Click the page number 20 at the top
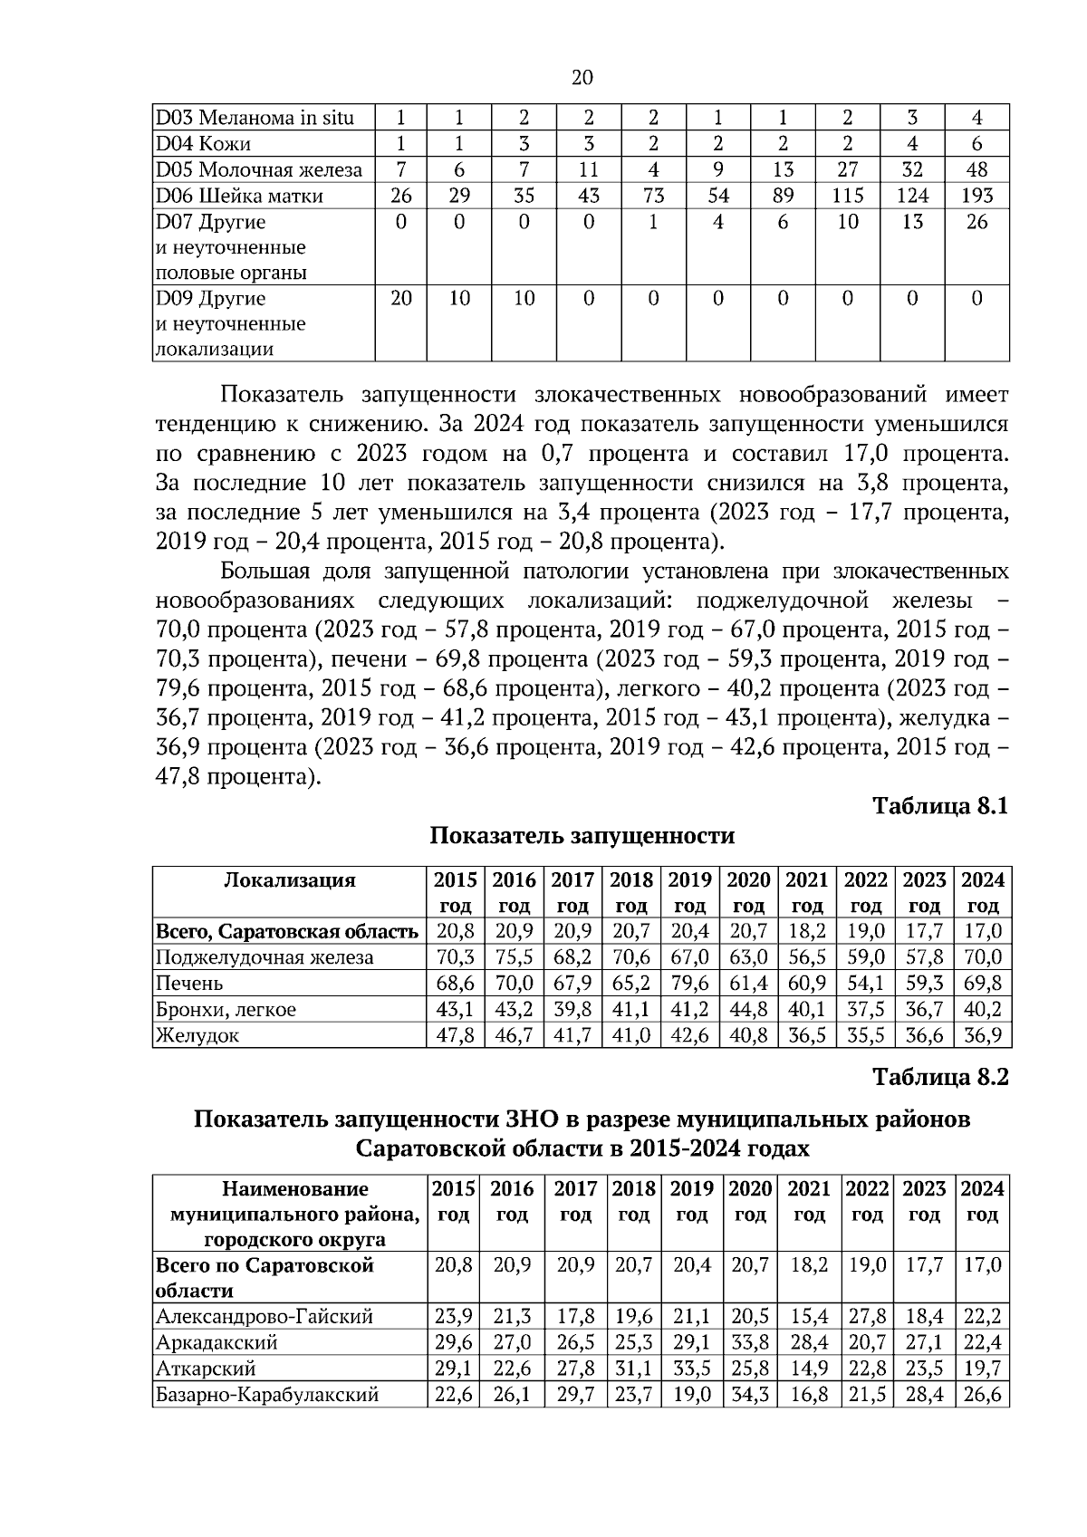click(582, 78)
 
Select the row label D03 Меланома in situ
click(255, 118)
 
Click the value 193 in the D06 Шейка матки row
click(977, 196)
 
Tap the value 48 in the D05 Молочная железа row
click(977, 169)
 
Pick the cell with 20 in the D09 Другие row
click(401, 298)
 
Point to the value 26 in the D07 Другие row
click(977, 222)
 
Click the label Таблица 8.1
click(939, 805)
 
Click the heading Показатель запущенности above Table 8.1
click(582, 835)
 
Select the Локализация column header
click(289, 880)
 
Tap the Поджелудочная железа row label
click(265, 957)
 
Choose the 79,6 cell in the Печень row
click(690, 983)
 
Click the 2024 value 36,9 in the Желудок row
click(983, 1035)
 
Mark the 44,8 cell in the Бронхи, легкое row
click(748, 1009)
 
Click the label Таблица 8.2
click(939, 1077)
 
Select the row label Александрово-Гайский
click(265, 1316)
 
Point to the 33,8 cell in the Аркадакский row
click(750, 1342)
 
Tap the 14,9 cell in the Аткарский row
click(809, 1369)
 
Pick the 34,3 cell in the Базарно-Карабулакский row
click(750, 1395)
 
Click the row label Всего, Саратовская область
click(287, 931)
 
